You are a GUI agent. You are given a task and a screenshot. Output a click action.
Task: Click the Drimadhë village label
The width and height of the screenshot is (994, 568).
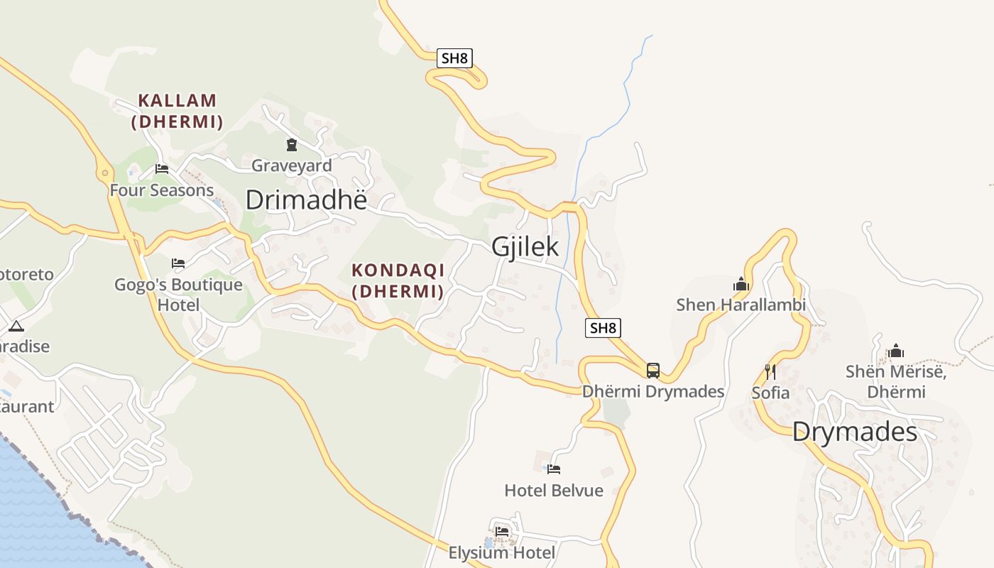click(x=306, y=200)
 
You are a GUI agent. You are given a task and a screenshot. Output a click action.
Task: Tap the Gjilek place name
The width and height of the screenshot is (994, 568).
click(x=525, y=247)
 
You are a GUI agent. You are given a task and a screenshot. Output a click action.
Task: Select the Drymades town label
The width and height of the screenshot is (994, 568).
click(x=854, y=432)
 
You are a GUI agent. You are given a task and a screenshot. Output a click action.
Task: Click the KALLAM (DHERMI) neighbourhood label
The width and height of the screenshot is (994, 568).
click(x=177, y=111)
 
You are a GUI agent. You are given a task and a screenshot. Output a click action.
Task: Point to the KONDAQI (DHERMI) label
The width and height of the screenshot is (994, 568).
click(x=398, y=280)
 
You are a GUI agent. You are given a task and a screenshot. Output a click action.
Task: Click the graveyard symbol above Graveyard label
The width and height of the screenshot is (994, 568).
click(x=291, y=146)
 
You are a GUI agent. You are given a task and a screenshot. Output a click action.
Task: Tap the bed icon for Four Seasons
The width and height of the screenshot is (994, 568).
click(x=162, y=169)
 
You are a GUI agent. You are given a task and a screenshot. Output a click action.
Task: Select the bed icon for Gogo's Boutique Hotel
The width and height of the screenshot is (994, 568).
click(x=178, y=263)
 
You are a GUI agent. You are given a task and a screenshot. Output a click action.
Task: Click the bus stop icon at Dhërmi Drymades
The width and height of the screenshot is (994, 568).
click(x=652, y=370)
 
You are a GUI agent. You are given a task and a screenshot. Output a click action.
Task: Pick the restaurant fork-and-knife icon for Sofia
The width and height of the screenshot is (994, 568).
click(x=770, y=371)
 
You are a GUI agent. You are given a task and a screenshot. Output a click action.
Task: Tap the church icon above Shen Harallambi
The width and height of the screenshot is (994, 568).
click(x=741, y=285)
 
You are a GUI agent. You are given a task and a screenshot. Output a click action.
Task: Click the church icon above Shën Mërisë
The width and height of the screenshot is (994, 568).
click(x=896, y=351)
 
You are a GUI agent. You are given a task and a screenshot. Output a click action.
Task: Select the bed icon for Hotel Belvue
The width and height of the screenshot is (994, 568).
click(x=554, y=469)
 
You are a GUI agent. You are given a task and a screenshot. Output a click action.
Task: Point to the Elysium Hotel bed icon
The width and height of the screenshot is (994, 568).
click(x=502, y=531)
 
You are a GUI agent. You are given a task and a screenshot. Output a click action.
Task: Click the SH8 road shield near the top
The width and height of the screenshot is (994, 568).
click(x=454, y=58)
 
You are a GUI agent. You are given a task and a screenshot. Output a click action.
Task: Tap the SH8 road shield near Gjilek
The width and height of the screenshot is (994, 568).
click(x=603, y=328)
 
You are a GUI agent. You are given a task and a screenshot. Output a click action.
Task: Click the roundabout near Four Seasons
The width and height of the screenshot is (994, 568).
click(x=105, y=172)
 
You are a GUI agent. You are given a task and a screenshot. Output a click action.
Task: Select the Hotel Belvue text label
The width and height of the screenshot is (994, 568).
click(x=554, y=491)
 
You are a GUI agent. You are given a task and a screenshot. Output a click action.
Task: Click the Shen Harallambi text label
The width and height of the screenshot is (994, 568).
click(x=741, y=305)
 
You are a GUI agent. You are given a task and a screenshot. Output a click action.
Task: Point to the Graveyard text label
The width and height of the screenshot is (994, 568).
click(x=292, y=165)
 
